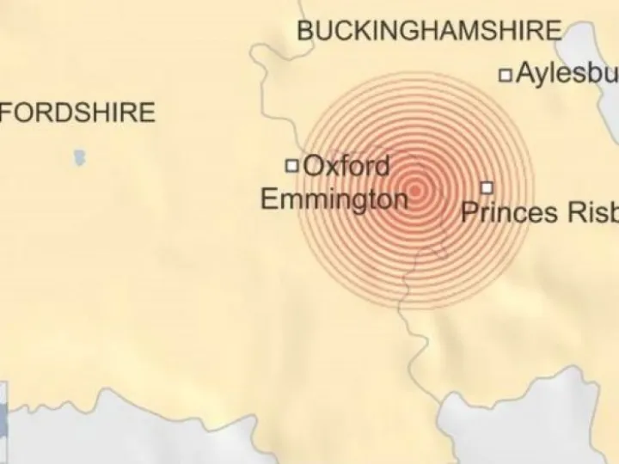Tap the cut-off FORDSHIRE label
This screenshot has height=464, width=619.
click(x=78, y=113)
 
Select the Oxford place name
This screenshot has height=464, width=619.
click(x=347, y=165)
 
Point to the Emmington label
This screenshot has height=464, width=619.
click(x=334, y=200)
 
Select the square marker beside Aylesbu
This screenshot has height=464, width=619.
click(x=506, y=75)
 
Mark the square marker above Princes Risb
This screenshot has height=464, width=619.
click(x=487, y=186)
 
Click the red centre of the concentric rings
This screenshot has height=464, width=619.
click(x=416, y=189)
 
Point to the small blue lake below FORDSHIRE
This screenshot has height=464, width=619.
click(x=80, y=158)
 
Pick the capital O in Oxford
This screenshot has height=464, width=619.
click(x=314, y=165)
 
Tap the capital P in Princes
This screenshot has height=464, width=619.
click(x=469, y=211)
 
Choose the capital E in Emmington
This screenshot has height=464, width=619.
click(x=268, y=200)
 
